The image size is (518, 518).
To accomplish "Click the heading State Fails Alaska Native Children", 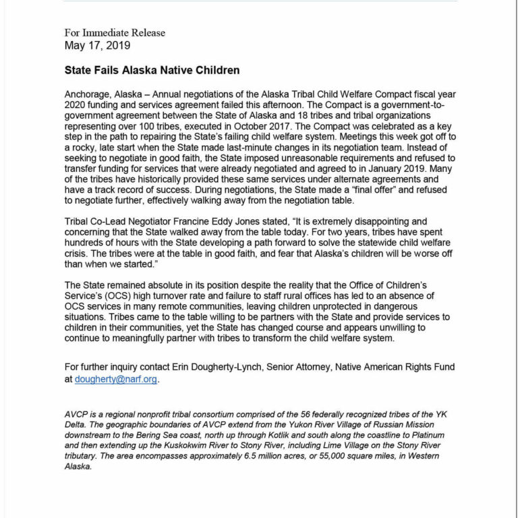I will click(152, 69).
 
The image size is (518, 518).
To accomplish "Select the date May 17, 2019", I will click(98, 46).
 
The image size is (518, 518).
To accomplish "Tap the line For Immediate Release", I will click(115, 33).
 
